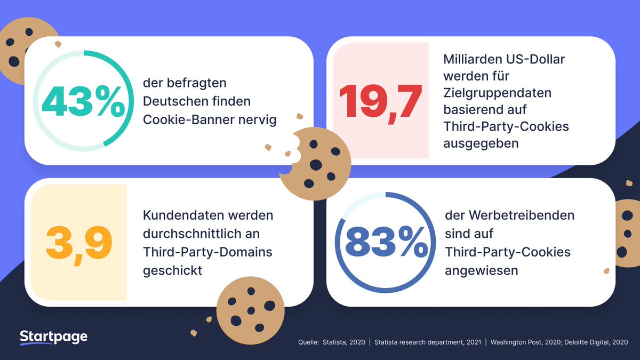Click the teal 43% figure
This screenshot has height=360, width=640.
83,101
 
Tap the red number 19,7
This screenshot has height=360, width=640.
380,101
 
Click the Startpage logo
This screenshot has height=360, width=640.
53,337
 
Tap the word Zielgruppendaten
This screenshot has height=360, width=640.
498,93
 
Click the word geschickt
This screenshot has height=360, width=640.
172,270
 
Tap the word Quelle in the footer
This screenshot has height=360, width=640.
309,342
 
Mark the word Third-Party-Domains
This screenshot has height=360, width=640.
207,252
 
